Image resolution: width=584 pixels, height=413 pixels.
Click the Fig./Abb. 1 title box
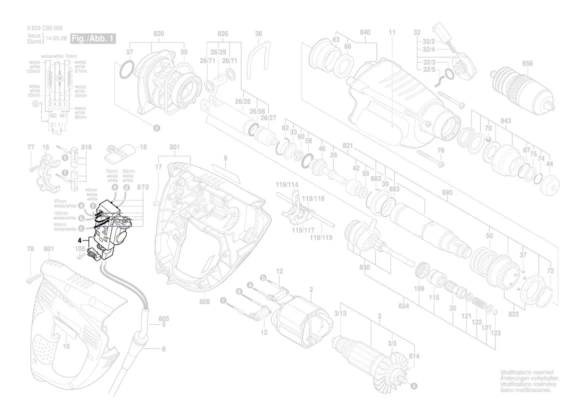(x=93, y=38)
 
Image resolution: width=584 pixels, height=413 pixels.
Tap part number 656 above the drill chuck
(x=527, y=63)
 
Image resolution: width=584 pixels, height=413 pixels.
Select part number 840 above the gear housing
(x=365, y=32)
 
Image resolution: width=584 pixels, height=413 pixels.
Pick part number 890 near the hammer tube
(x=447, y=192)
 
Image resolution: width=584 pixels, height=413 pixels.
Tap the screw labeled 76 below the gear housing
(x=428, y=155)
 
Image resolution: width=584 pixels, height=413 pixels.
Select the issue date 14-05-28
(x=57, y=38)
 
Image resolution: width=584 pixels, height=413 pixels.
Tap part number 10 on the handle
(x=66, y=346)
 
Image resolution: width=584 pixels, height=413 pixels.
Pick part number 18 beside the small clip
(x=143, y=147)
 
